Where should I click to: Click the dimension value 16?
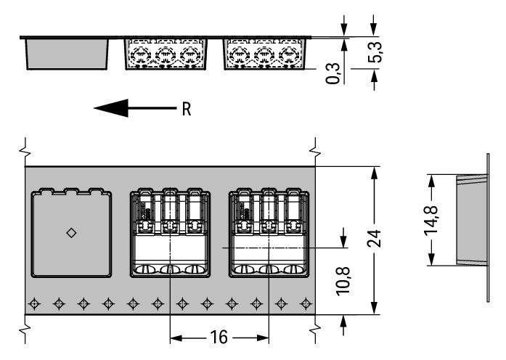(219, 337)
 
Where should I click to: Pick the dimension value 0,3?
(333, 73)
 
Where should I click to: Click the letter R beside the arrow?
(187, 110)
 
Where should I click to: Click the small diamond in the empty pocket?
(71, 232)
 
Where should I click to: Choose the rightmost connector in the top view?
(268, 233)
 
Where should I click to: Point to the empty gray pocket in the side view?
(68, 54)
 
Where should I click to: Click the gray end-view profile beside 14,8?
(469, 218)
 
